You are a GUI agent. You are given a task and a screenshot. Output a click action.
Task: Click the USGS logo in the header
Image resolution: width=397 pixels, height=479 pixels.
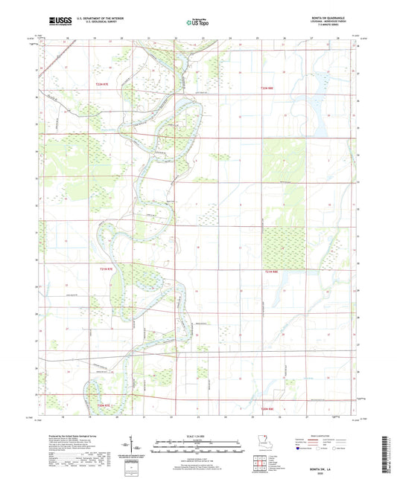[56, 22]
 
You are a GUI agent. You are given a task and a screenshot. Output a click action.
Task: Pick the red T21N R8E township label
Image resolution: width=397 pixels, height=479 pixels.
[273, 272]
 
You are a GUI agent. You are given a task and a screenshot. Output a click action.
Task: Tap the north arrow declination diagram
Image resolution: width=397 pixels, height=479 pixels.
[136, 448]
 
